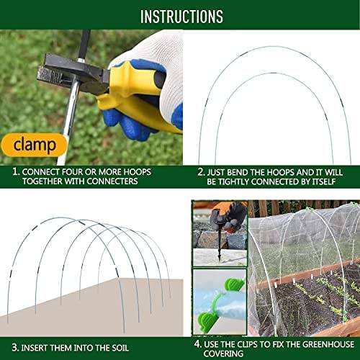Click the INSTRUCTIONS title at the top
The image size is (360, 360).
tap(181, 17)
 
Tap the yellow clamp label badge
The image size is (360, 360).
tap(34, 145)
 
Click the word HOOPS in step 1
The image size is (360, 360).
tap(137, 172)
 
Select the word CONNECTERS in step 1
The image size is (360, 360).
tap(112, 181)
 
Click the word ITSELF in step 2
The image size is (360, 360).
tap(323, 181)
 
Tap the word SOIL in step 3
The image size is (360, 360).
tap(120, 348)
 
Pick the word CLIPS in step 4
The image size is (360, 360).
tap(248, 344)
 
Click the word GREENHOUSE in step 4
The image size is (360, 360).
tap(328, 344)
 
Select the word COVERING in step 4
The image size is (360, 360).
tap(223, 354)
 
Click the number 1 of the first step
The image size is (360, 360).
tap(16, 172)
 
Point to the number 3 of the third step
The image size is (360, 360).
tap(15, 348)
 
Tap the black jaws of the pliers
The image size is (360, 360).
tap(72, 73)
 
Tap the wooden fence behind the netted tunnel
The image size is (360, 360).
tap(300, 207)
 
